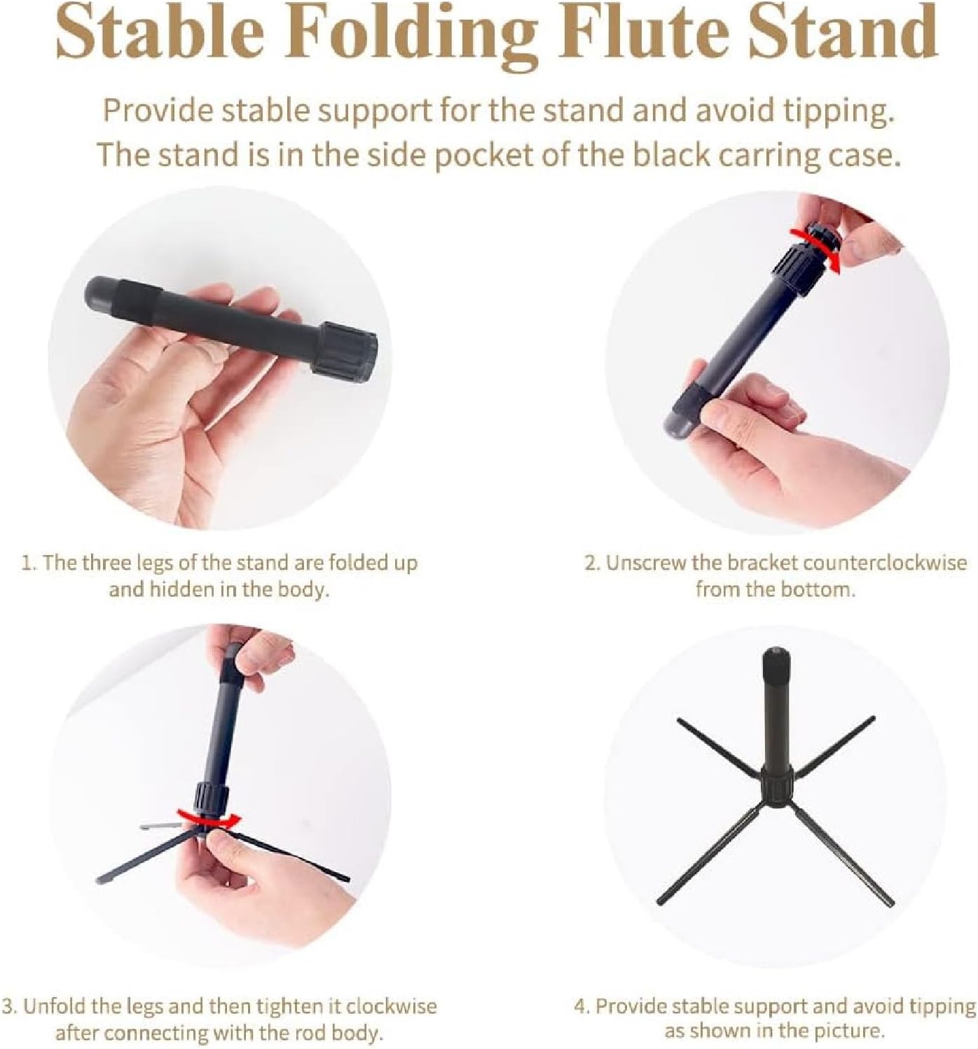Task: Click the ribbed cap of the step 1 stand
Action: (x=346, y=349)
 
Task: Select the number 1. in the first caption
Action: (x=29, y=563)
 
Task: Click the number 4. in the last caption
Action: (x=581, y=1006)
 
